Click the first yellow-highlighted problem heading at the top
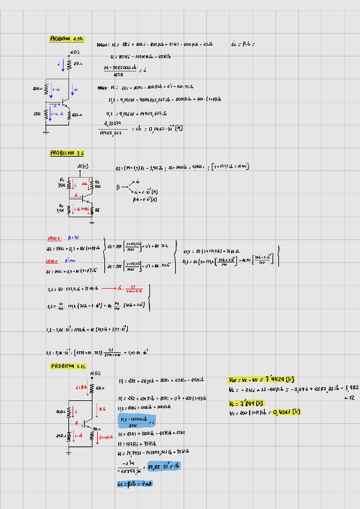click(67, 38)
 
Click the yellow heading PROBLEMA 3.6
click(67, 153)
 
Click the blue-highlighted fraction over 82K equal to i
click(138, 420)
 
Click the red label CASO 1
click(55, 237)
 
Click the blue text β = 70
click(74, 237)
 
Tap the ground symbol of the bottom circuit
click(69, 451)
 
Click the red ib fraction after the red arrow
click(134, 288)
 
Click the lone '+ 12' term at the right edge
click(351, 397)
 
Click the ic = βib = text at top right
click(242, 44)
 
